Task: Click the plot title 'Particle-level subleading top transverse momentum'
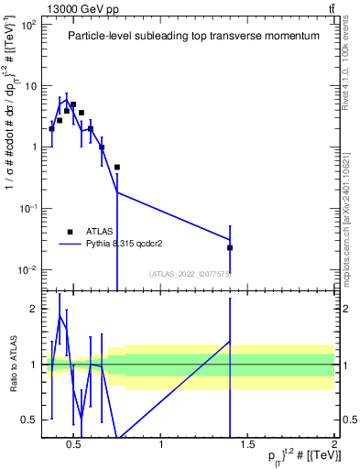[193, 36]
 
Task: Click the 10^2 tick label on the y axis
[27, 25]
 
